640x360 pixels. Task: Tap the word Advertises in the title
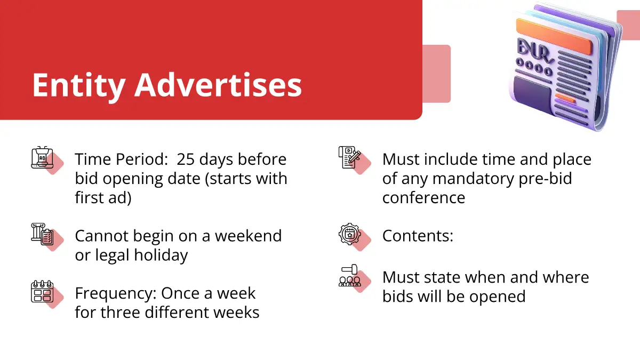(218, 85)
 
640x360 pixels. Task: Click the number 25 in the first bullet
(186, 159)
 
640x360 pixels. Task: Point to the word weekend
(249, 236)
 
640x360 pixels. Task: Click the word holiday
(161, 255)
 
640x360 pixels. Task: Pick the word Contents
(418, 236)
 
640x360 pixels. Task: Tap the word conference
(423, 198)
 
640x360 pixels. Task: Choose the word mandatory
(473, 179)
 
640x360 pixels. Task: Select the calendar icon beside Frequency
(42, 291)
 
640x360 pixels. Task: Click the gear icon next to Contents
(350, 234)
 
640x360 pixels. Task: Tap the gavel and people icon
(350, 275)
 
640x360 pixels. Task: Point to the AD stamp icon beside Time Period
(42, 157)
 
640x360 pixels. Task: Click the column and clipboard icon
(42, 234)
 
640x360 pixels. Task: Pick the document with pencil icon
(350, 157)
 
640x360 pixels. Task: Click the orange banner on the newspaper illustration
(554, 36)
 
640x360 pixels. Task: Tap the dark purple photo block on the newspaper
(533, 95)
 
